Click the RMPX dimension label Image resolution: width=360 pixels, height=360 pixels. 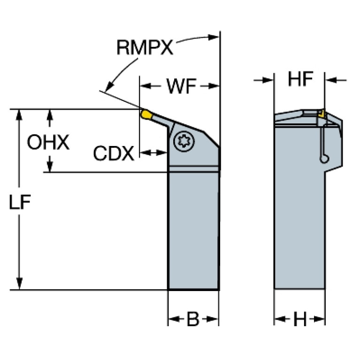(145, 47)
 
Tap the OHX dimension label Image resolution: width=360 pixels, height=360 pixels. (48, 142)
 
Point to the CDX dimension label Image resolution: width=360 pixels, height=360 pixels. (113, 153)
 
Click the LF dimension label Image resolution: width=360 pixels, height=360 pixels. (20, 202)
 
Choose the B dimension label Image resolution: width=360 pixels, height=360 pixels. (193, 320)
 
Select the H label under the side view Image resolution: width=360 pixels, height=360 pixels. (299, 320)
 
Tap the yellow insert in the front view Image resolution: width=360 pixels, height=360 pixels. (146, 114)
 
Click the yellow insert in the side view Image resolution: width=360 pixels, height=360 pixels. (322, 113)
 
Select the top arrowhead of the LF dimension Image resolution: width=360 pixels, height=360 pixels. (19, 114)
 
